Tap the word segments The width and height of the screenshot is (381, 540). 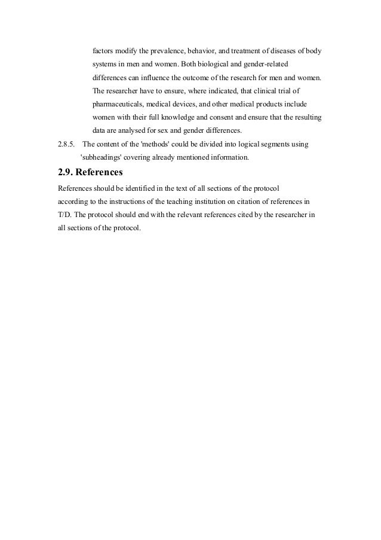[x=276, y=145]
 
